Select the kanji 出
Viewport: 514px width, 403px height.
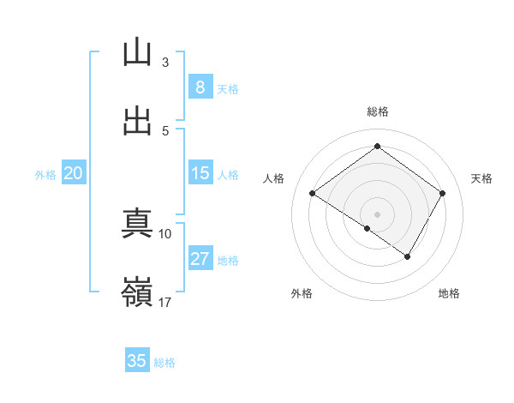pos(137,121)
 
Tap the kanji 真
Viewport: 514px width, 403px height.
pos(137,225)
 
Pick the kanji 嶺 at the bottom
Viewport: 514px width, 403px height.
pos(137,292)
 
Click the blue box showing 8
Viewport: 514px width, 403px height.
pos(200,87)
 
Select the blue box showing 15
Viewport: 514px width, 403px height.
pos(200,173)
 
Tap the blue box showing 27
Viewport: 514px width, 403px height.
pos(200,259)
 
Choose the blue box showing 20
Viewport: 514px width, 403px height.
pos(73,173)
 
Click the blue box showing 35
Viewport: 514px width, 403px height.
pos(137,361)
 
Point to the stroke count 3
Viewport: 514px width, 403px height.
pos(165,63)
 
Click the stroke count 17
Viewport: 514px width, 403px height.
pos(165,302)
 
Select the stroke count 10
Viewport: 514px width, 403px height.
pos(165,233)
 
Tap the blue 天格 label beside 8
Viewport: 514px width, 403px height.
pos(228,88)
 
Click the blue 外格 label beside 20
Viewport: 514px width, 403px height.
pos(45,174)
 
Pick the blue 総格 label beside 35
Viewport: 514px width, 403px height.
pos(164,362)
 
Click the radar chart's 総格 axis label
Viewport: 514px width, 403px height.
pos(377,111)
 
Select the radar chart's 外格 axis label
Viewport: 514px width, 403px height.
pos(302,293)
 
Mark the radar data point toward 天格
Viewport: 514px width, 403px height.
pos(442,194)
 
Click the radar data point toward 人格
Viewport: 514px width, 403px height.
pos(313,194)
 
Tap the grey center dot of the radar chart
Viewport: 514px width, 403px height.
pos(377,214)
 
